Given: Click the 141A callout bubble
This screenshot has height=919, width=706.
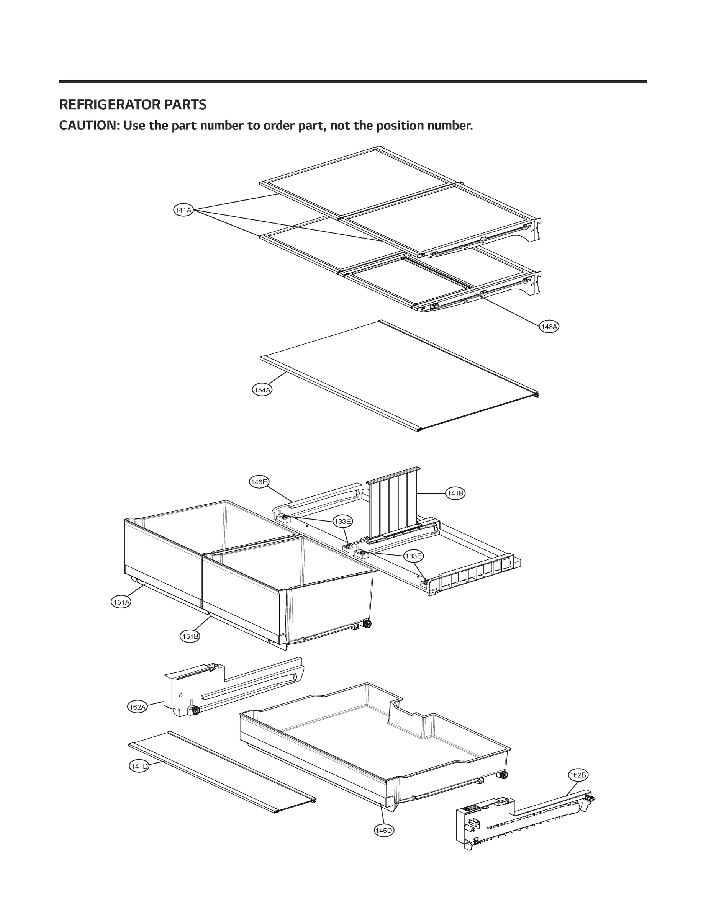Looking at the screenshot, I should (183, 210).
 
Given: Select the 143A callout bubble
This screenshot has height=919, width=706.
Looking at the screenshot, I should (549, 327).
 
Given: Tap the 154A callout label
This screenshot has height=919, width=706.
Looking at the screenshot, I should (262, 390).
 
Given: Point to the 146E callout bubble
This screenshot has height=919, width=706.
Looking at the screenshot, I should (259, 482).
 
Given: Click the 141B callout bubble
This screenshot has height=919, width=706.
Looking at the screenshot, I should (455, 494).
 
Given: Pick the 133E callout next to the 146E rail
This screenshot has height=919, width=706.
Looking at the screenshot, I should (342, 522).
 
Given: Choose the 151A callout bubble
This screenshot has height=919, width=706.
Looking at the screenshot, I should (121, 602).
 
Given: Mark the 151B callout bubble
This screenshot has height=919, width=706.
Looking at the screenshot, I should (190, 636).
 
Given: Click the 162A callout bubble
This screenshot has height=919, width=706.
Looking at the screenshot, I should (138, 707).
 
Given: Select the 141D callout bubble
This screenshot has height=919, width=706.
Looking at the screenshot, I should (139, 766).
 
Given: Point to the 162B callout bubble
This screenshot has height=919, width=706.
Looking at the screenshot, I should (578, 775).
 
